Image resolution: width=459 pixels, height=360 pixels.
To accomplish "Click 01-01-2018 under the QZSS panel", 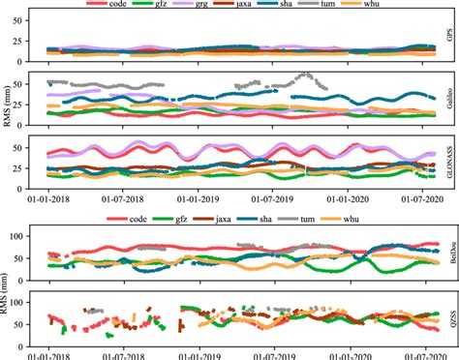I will (x=50, y=354).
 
